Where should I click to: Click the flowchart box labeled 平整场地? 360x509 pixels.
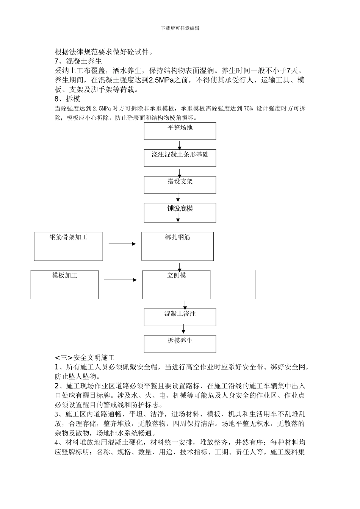coord(180,131)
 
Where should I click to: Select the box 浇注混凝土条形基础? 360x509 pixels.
coord(180,158)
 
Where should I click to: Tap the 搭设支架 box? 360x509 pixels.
coord(180,185)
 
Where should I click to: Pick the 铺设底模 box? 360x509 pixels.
coord(180,212)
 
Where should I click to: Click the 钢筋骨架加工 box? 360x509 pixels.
coord(68,246)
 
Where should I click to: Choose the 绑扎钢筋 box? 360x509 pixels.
coord(177,246)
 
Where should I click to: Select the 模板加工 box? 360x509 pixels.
coord(64,284)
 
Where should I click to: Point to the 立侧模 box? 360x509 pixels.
coord(176,284)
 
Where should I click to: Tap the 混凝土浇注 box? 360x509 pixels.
coord(180,317)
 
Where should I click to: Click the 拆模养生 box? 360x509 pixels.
coord(180,344)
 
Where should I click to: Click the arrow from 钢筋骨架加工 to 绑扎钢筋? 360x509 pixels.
coord(122,244)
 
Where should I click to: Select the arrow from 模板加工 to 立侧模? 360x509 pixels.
coord(120,280)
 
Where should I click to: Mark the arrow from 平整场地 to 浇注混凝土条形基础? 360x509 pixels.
coord(180,145)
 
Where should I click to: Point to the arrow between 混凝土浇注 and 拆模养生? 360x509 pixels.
coord(180,330)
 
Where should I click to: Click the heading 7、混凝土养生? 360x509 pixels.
coord(78,61)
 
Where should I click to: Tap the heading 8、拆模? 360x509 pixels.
coord(67,99)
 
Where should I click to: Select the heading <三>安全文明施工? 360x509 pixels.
coord(85,357)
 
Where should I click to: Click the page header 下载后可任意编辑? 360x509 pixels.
coord(180,28)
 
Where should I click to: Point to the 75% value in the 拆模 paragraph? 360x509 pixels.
coord(248,109)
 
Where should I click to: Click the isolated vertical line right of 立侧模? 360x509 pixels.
coord(255,284)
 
